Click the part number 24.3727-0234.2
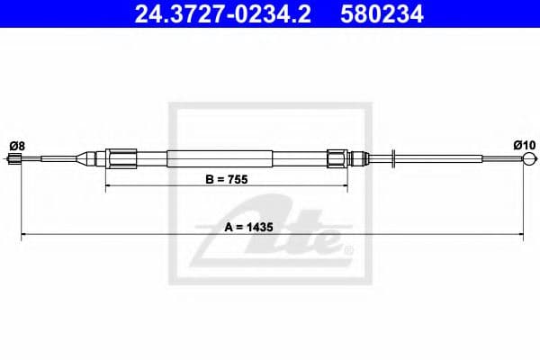pyautogui.click(x=222, y=14)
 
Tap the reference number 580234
pyautogui.click(x=382, y=14)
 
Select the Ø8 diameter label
pyautogui.click(x=17, y=146)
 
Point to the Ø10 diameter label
pyautogui.click(x=525, y=146)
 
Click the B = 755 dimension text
pyautogui.click(x=227, y=179)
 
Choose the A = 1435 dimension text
pyautogui.click(x=248, y=228)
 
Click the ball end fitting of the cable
pyautogui.click(x=530, y=158)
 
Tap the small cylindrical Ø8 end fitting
pyautogui.click(x=14, y=158)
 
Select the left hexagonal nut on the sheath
pyautogui.click(x=121, y=158)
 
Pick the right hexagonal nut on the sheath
pyautogui.click(x=337, y=158)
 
